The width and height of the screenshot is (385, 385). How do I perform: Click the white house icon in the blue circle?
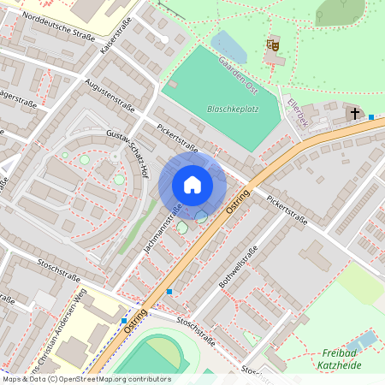pyautogui.click(x=192, y=184)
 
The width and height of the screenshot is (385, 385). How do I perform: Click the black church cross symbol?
pyautogui.click(x=353, y=113)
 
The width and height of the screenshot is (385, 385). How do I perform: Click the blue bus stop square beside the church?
pyautogui.click(x=371, y=116)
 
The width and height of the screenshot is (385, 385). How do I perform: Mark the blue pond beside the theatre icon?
pyautogui.click(x=229, y=47)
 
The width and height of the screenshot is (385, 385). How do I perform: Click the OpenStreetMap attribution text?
pyautogui.click(x=86, y=379)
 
